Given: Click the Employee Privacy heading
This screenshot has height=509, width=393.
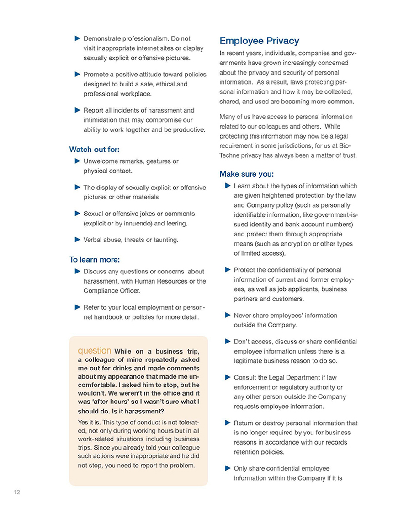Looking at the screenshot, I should click(259, 41).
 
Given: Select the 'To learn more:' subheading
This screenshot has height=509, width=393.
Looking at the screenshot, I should click(94, 260).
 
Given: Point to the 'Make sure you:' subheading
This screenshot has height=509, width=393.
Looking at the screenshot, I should click(247, 174).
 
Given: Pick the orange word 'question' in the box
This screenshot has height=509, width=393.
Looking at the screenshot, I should click(95, 351).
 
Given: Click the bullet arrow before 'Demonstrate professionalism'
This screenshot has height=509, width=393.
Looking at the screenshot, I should click(77, 38).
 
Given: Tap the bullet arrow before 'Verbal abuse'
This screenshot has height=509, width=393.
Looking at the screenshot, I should click(77, 239).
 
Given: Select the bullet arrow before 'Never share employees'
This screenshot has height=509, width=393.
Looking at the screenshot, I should click(228, 315).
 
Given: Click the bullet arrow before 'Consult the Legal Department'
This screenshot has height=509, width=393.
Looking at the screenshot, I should click(228, 377).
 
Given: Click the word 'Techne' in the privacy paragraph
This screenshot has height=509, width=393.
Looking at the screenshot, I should click(230, 155).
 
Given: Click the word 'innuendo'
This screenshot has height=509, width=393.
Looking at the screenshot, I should click(144, 224).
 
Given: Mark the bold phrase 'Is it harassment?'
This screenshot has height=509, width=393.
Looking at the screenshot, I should click(126, 410).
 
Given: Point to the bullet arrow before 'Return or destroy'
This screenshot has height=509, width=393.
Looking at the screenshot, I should click(228, 423).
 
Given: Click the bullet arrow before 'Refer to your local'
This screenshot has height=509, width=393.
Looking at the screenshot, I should click(77, 307).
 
